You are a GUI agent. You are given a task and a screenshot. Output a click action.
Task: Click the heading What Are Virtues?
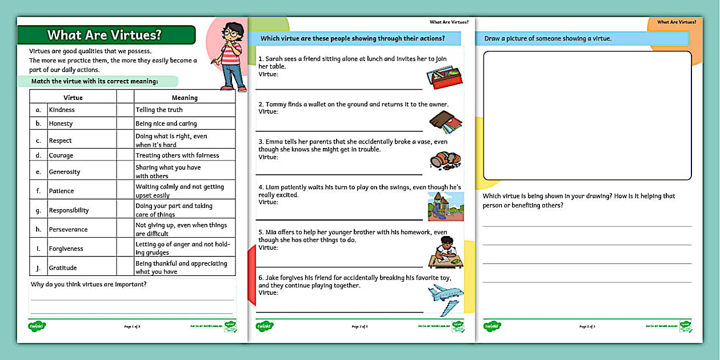click(105, 35)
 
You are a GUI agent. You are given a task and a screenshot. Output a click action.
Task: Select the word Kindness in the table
click(62, 110)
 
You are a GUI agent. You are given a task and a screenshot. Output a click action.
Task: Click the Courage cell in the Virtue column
click(61, 155)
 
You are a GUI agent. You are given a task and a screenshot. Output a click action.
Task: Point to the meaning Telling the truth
click(159, 110)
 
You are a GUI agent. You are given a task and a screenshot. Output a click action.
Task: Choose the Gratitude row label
click(63, 267)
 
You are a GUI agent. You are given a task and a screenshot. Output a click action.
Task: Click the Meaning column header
click(185, 98)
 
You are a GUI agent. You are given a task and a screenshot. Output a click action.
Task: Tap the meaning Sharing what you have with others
click(168, 171)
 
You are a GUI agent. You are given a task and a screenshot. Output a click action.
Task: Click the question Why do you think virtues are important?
click(89, 285)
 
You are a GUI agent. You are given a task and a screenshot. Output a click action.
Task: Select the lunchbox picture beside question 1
click(445, 78)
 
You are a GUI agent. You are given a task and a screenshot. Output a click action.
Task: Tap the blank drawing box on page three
click(587, 115)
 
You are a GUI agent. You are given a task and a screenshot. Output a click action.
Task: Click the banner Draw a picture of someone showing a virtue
click(548, 39)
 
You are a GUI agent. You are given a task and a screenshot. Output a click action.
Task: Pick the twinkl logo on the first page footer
click(37, 326)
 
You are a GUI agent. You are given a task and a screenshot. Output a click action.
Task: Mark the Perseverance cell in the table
click(68, 229)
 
